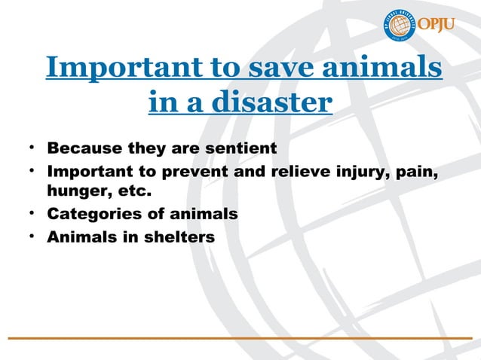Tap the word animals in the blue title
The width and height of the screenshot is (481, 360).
tap(389, 67)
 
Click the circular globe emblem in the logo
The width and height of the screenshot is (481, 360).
tap(399, 26)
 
